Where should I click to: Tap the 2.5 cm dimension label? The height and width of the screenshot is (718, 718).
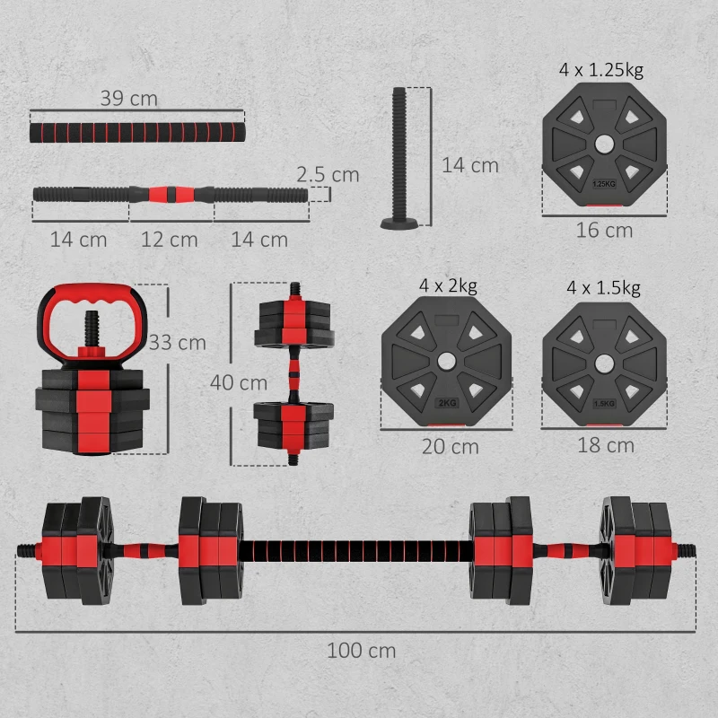point(328,174)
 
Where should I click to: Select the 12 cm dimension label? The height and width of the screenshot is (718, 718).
point(170,240)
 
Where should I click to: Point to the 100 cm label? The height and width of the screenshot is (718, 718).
point(361,651)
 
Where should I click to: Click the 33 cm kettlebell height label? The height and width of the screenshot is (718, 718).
point(178,343)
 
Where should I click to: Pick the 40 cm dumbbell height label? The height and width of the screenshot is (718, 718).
point(239,382)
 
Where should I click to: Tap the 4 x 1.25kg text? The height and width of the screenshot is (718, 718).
point(602,69)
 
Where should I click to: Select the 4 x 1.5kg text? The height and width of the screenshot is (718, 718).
point(603,288)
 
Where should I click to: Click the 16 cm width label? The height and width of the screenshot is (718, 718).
point(604,231)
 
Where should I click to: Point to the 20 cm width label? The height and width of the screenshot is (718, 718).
point(450,446)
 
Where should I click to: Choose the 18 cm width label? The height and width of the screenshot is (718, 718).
point(605,445)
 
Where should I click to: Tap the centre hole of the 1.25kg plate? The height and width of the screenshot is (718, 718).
point(603,143)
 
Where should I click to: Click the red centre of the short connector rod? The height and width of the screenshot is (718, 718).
point(171,192)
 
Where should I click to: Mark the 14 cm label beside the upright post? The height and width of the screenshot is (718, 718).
point(469,165)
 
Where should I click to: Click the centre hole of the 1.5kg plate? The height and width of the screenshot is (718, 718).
point(604,362)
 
